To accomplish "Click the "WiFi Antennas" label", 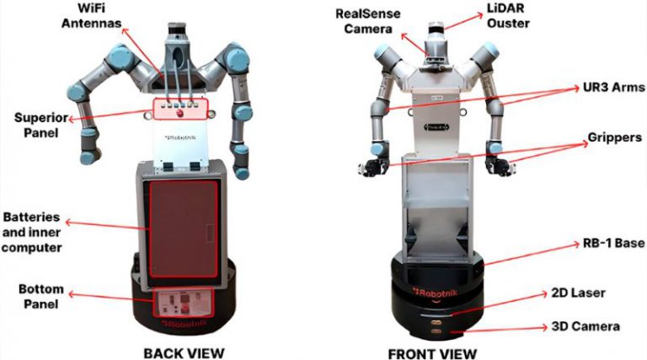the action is pyautogui.click(x=91, y=15).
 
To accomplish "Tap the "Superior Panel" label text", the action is pyautogui.click(x=40, y=125).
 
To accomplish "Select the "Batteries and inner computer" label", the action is pyautogui.click(x=31, y=233).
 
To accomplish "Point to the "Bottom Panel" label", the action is pyautogui.click(x=40, y=297).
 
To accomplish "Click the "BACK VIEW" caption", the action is pyautogui.click(x=184, y=353).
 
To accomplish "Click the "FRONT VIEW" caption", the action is pyautogui.click(x=432, y=354).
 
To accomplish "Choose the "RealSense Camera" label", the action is pyautogui.click(x=367, y=21).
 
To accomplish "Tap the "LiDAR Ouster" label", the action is pyautogui.click(x=508, y=16).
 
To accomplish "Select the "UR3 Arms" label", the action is pyautogui.click(x=613, y=87).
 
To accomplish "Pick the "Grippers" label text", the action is pyautogui.click(x=614, y=137).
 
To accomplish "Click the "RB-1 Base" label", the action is pyautogui.click(x=613, y=243).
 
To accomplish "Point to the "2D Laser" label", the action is pyautogui.click(x=579, y=293).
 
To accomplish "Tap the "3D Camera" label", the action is pyautogui.click(x=586, y=326).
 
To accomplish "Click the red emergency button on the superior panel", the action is pyautogui.click(x=180, y=114).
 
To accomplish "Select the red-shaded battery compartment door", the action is pyautogui.click(x=183, y=228).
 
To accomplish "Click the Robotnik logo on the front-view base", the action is pyautogui.click(x=433, y=293).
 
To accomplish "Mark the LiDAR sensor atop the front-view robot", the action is pyautogui.click(x=436, y=28).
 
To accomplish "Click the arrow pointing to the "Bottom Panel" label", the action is pyautogui.click(x=110, y=298).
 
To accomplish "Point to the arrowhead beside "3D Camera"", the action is pyautogui.click(x=545, y=327).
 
